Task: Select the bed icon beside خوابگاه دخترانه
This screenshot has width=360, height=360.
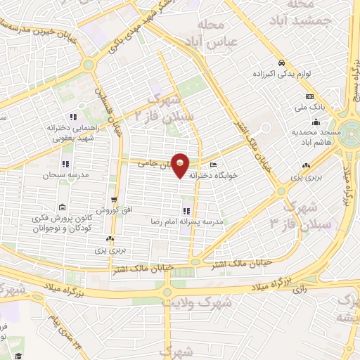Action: [213, 165]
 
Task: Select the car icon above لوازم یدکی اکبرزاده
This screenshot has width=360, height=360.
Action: [281, 61]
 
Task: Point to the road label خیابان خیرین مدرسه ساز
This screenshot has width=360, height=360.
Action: [42, 31]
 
